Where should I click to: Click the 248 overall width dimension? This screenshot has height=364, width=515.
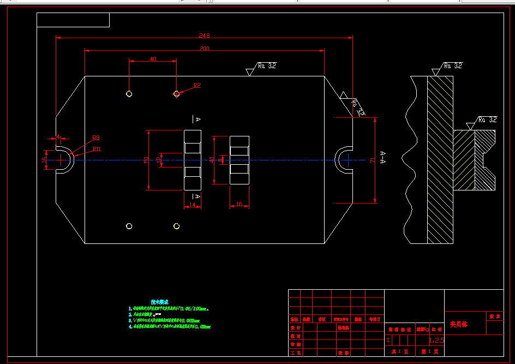(204, 35)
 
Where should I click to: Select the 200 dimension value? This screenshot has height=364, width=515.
(204, 49)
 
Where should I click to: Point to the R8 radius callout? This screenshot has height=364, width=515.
(95, 138)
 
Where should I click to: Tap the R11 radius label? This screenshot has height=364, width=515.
(97, 148)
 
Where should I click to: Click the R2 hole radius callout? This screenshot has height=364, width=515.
(197, 85)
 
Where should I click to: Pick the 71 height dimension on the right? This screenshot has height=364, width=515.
(372, 160)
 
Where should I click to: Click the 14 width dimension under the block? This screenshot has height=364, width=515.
(192, 205)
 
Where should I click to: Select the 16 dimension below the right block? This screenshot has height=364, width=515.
(239, 205)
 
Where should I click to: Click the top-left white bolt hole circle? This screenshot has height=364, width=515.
(129, 94)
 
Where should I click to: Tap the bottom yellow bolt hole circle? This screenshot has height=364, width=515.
(176, 226)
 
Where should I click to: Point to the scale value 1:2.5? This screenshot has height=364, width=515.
(437, 340)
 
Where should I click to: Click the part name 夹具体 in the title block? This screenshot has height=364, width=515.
(459, 324)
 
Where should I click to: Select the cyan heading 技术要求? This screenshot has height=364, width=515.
(159, 301)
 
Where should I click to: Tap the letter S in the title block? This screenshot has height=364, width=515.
(388, 340)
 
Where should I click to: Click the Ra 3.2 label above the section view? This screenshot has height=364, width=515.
(453, 65)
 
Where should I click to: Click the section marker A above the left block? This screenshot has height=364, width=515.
(197, 118)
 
